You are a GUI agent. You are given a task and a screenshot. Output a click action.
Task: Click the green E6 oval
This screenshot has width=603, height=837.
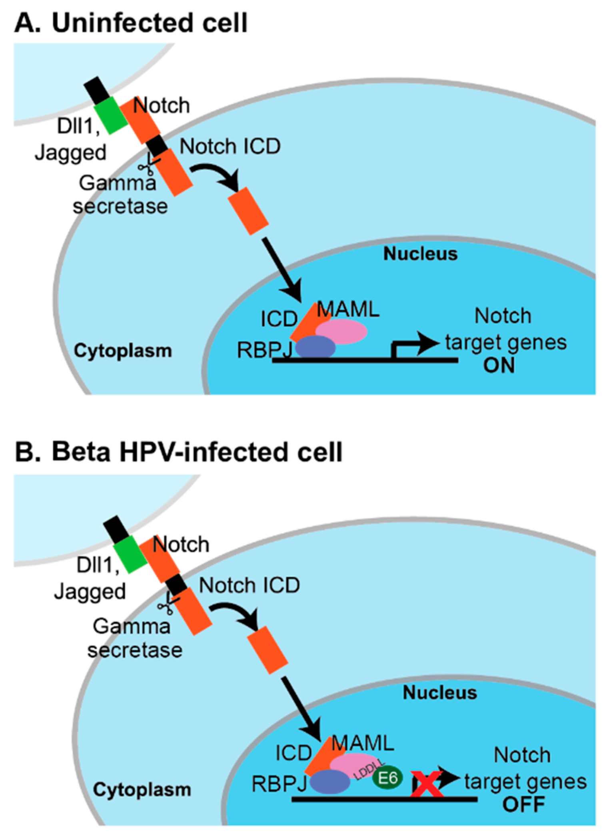coord(387,778)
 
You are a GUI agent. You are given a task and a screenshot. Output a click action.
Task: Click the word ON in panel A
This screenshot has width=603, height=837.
coord(499,366)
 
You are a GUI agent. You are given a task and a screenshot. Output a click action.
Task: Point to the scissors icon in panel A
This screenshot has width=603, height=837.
coord(148,166)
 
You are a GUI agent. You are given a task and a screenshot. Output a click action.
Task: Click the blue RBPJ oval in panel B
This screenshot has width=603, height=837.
coord(330,782)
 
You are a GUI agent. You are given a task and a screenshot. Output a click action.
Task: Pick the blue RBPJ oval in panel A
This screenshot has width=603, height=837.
coord(315,347)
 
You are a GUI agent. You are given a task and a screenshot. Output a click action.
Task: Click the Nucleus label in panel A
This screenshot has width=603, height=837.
coord(420,254)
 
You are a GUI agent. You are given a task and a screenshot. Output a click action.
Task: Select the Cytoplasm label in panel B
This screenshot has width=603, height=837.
coord(142,790)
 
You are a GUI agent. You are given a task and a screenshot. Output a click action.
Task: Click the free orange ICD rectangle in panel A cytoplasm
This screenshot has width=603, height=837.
coord(248,211)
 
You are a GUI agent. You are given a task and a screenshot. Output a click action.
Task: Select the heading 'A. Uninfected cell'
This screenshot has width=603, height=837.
coord(131,23)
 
